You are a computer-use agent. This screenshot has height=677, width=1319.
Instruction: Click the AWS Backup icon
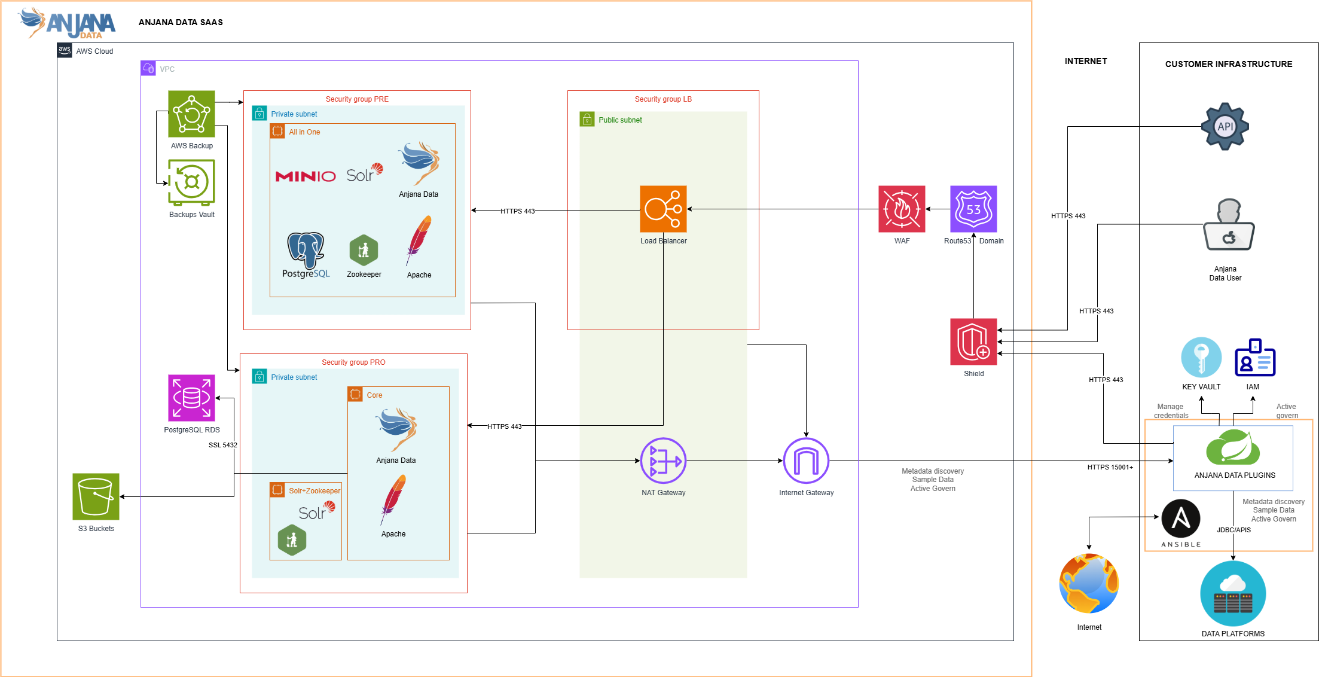pyautogui.click(x=191, y=114)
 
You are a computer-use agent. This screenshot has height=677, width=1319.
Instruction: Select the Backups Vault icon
pyautogui.click(x=191, y=182)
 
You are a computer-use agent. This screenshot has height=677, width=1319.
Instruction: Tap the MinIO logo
pyautogui.click(x=306, y=176)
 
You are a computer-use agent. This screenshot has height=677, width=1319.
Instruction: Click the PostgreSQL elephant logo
pyautogui.click(x=306, y=250)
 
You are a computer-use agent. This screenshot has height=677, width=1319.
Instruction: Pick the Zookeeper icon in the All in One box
pyautogui.click(x=364, y=250)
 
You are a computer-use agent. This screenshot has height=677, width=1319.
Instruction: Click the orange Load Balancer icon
pyautogui.click(x=663, y=209)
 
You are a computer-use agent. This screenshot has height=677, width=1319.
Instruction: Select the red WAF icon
pyautogui.click(x=902, y=209)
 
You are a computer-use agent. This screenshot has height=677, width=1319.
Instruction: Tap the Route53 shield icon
pyautogui.click(x=973, y=209)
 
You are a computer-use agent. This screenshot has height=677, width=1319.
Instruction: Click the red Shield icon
pyautogui.click(x=973, y=341)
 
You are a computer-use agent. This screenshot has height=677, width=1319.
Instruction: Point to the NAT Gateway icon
pyautogui.click(x=663, y=461)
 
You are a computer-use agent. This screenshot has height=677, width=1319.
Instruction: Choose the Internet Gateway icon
pyautogui.click(x=806, y=461)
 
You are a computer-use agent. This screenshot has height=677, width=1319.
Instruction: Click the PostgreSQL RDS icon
pyautogui.click(x=191, y=398)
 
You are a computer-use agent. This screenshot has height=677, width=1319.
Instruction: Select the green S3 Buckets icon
pyautogui.click(x=96, y=496)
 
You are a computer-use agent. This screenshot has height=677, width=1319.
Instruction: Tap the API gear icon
pyautogui.click(x=1225, y=126)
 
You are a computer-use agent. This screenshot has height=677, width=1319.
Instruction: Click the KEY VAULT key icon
pyautogui.click(x=1201, y=357)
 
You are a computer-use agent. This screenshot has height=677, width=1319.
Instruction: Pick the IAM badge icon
pyautogui.click(x=1254, y=358)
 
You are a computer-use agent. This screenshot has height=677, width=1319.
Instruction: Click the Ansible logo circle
pyautogui.click(x=1181, y=519)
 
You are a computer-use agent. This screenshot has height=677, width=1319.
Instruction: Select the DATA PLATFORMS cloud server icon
pyautogui.click(x=1233, y=593)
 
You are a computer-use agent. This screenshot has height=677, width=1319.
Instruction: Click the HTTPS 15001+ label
pyautogui.click(x=1110, y=467)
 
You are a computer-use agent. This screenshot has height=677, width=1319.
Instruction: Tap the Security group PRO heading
pyautogui.click(x=353, y=362)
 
